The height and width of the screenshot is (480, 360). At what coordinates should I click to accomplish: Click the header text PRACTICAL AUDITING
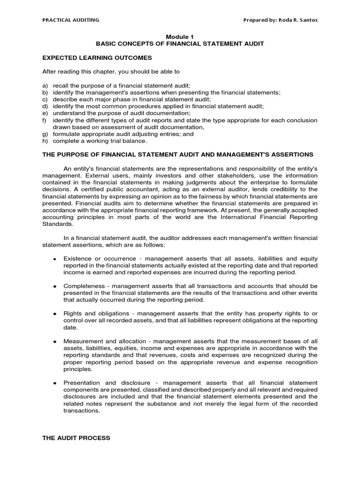pyautogui.click(x=71, y=20)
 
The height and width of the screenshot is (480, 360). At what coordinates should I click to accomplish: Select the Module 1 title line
pyautogui.click(x=180, y=36)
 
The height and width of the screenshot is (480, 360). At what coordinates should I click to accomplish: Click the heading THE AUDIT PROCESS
pyautogui.click(x=76, y=438)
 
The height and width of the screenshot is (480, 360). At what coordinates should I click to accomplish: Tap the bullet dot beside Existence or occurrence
pyautogui.click(x=55, y=259)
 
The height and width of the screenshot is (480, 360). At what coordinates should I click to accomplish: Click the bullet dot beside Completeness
pyautogui.click(x=55, y=286)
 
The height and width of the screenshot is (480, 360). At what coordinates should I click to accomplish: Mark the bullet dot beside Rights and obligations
pyautogui.click(x=55, y=314)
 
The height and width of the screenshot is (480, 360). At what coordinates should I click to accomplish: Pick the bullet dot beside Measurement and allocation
pyautogui.click(x=55, y=342)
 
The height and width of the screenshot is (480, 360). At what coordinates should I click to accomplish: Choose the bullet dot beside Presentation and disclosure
pyautogui.click(x=55, y=383)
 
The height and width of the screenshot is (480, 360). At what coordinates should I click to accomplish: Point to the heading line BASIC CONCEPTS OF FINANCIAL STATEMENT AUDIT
pyautogui.click(x=180, y=44)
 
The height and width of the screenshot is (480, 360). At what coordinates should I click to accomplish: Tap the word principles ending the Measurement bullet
pyautogui.click(x=78, y=369)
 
